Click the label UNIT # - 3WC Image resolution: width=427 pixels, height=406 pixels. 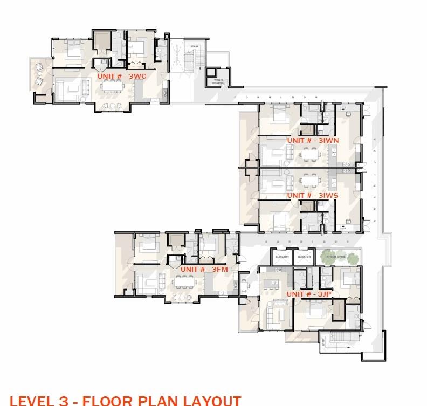pyautogui.click(x=122, y=77)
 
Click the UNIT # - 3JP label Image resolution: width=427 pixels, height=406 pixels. pyautogui.click(x=309, y=294)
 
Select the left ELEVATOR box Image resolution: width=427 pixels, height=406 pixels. pyautogui.click(x=282, y=257)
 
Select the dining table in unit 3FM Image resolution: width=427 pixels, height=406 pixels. pyautogui.click(x=184, y=280)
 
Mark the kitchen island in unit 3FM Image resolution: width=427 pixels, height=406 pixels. pyautogui.click(x=209, y=280)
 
